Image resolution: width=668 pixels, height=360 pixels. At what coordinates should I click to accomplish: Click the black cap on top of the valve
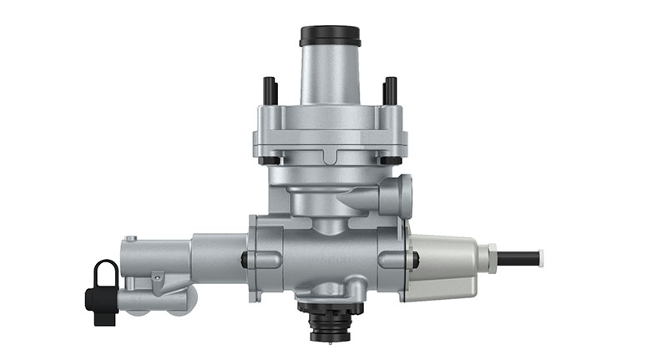point(330,35)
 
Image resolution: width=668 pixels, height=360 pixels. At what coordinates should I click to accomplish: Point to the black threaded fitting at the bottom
point(330,322)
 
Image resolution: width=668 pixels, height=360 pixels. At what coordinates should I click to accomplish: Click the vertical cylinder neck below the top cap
point(330,75)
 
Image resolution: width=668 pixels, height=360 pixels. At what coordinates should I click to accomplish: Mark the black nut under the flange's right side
point(390,160)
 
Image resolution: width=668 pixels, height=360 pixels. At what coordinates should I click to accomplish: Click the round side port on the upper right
point(402,197)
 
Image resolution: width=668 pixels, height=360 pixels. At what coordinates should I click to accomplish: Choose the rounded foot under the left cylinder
point(180,302)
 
